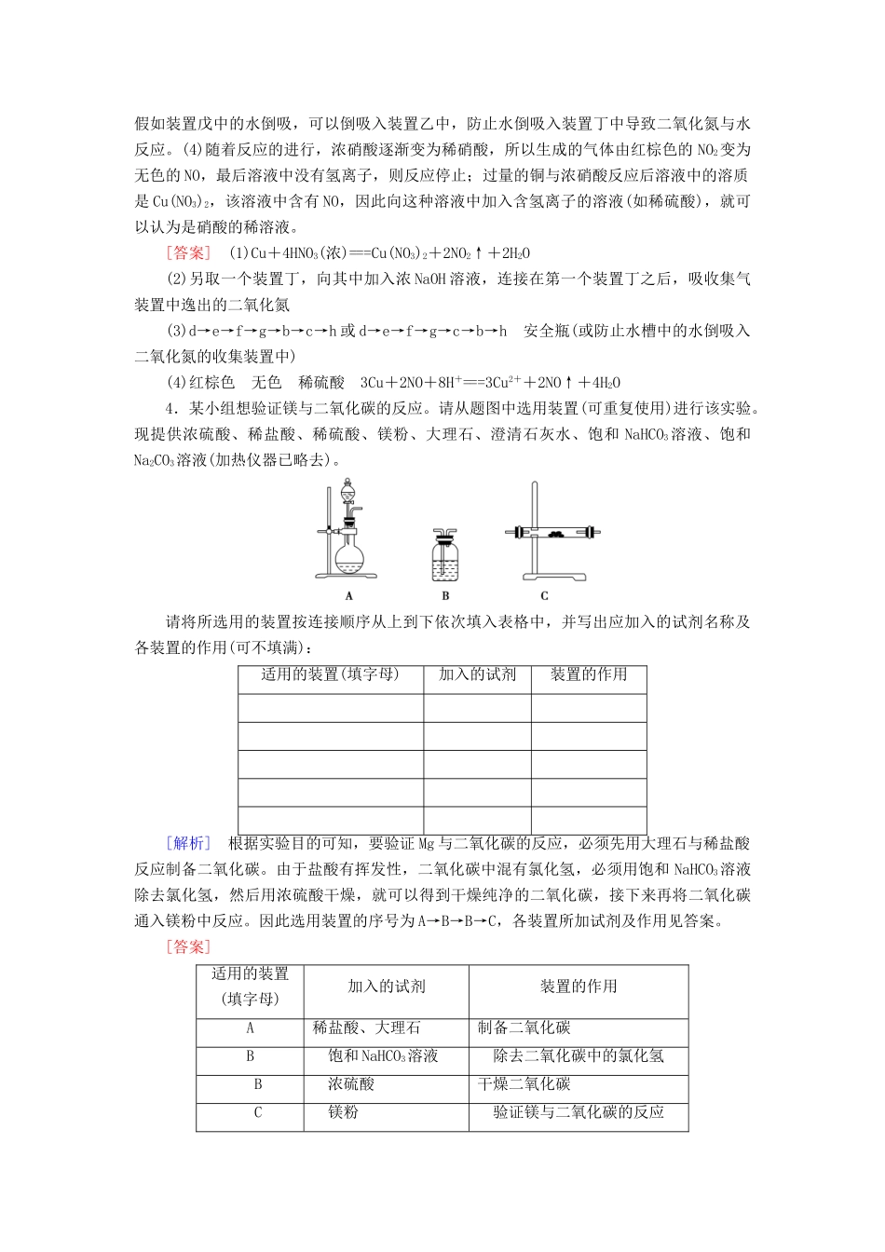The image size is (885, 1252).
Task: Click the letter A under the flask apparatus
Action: (x=348, y=596)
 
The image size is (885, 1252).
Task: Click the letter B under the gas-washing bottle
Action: (x=445, y=596)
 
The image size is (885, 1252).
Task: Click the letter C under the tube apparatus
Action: (x=544, y=596)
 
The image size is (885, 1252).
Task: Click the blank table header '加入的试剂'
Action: (x=477, y=674)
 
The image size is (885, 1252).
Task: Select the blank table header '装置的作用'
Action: (x=589, y=674)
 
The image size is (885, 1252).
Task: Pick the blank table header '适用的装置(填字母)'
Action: (x=330, y=674)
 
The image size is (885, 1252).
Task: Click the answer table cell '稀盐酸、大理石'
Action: (x=367, y=1028)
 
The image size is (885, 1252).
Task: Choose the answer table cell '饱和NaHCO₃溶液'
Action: (x=383, y=1056)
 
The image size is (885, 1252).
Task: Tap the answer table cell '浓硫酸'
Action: (x=351, y=1084)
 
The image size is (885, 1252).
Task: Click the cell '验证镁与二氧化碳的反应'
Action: (x=579, y=1112)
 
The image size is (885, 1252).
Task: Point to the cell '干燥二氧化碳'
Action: (x=524, y=1084)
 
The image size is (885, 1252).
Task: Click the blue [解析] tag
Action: (x=189, y=843)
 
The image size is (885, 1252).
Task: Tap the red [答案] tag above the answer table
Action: (x=189, y=947)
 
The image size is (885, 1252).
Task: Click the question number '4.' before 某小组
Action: (x=170, y=408)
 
